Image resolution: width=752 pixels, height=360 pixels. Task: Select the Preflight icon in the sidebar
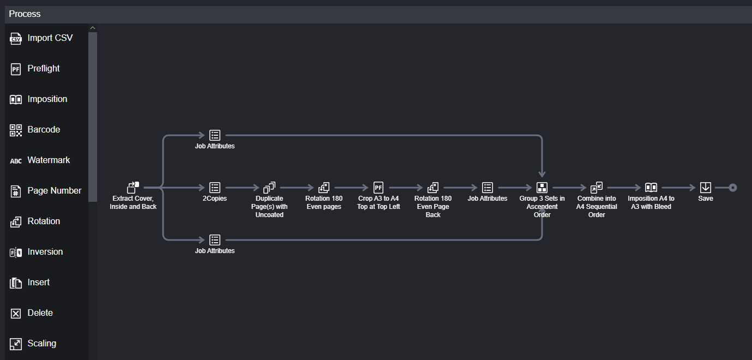pos(16,69)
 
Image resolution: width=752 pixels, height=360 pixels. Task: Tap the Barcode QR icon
pos(16,130)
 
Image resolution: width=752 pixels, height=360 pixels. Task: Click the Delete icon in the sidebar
pos(16,313)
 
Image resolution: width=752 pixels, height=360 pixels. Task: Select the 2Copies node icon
pos(215,188)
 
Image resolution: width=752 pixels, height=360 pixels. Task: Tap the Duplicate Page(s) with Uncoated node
pos(269,188)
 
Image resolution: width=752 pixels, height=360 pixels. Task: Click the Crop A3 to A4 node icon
pos(378,188)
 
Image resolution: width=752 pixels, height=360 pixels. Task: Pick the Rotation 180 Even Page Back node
pos(433,188)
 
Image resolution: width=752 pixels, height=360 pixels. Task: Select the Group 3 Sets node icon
pos(542,188)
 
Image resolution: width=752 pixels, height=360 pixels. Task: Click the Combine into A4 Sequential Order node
pos(597,188)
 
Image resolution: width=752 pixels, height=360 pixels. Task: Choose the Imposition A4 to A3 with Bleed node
pos(651,188)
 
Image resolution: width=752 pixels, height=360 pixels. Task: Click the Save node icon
pos(706,188)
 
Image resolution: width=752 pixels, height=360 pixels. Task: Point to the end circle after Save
pos(733,188)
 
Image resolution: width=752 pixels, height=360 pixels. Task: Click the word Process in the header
pos(25,14)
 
